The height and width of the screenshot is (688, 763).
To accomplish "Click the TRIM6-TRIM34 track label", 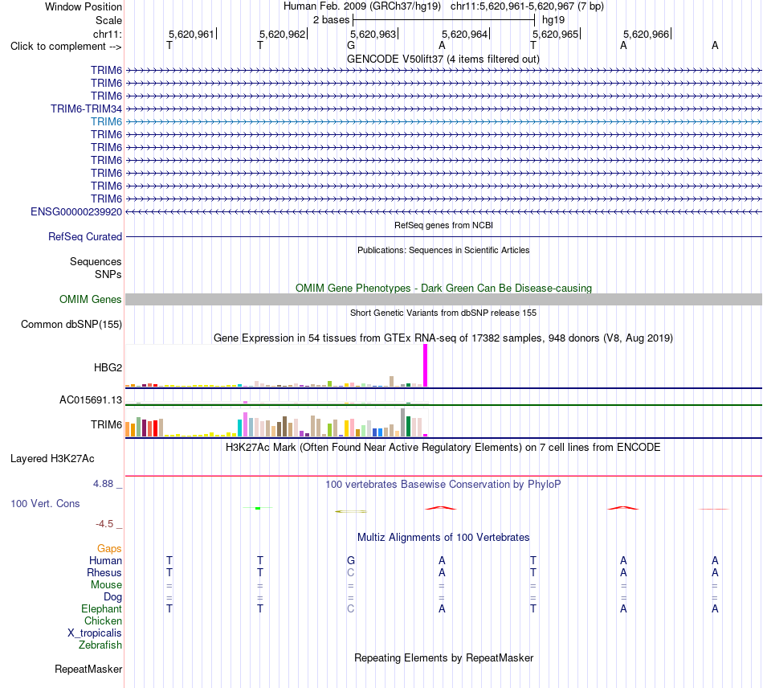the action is pos(86,109).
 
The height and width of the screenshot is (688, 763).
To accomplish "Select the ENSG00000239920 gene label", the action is pos(76,212).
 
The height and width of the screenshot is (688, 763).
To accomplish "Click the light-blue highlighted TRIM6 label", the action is pos(106,121).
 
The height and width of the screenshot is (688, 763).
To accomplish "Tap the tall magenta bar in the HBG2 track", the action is pos(426,366).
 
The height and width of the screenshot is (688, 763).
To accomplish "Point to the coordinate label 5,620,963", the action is pos(373,34).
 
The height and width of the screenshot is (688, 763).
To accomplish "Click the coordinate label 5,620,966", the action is pos(646,34).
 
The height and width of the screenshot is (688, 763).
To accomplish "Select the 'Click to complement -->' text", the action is pos(66,47).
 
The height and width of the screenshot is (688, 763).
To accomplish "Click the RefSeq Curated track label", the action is pos(85,236).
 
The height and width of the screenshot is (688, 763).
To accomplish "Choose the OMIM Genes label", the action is pos(91,300).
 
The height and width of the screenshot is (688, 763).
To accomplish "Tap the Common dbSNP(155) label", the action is pos(71,324).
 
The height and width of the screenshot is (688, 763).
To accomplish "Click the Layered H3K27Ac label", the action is pos(52,459).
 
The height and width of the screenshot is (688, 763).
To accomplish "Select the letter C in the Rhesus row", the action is pos(351,572).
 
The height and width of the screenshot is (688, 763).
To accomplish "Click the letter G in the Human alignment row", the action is pos(351,560).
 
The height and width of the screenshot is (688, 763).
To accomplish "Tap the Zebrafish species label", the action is pos(100,645).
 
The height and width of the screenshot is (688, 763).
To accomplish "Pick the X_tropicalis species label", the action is pos(95,633).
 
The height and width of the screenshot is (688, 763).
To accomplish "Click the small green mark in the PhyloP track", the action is pos(258,508).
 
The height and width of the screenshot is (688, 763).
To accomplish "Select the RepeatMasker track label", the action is pos(88,670).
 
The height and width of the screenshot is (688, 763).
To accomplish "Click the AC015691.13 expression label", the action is pos(91,399).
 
